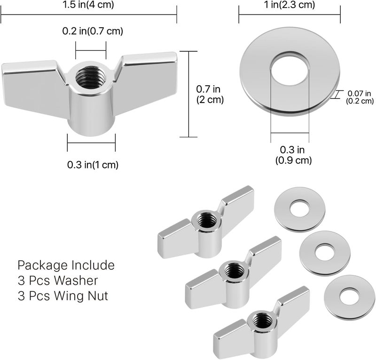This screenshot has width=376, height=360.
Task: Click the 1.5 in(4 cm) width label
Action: [x=88, y=5]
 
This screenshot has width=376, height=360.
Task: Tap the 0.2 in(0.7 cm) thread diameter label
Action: [x=93, y=32]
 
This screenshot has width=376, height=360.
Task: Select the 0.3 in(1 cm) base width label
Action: [x=93, y=164]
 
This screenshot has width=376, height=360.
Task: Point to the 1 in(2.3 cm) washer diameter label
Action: [x=289, y=5]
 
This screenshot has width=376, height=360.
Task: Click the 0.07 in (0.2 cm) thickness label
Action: [x=360, y=96]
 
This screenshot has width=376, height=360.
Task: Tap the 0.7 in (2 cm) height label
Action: [x=209, y=94]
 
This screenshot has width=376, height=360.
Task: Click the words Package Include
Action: [x=66, y=265]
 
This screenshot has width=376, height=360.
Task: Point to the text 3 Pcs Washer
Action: [x=57, y=281]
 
